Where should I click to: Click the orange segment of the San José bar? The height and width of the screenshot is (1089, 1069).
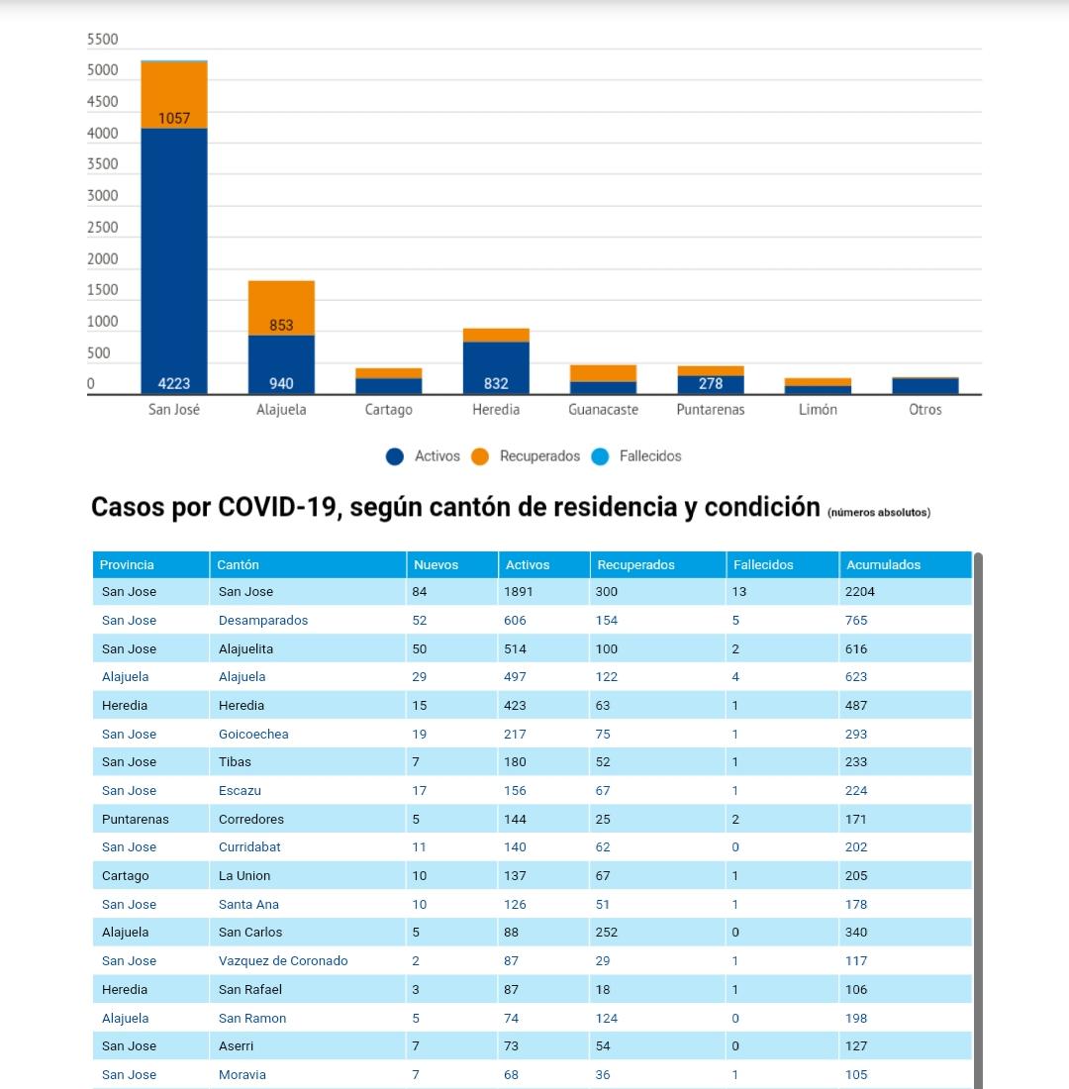click(173, 95)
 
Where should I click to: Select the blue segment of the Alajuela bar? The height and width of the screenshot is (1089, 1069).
click(281, 364)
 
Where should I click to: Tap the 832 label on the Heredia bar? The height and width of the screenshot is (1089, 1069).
click(496, 383)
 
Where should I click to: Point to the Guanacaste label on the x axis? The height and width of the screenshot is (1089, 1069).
click(603, 410)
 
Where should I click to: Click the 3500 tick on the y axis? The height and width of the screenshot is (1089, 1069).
click(103, 164)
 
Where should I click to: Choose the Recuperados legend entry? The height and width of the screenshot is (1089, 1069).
click(526, 456)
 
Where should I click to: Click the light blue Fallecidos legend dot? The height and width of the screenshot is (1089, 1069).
click(600, 456)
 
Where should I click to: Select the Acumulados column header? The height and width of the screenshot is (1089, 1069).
click(883, 564)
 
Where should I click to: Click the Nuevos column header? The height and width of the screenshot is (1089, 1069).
click(436, 564)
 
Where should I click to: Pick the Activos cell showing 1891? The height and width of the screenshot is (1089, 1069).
click(519, 592)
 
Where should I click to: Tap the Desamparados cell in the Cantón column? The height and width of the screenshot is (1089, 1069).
click(263, 620)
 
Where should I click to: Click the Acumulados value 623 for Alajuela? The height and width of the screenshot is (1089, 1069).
click(856, 676)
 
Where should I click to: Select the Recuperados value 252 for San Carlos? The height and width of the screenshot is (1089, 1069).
click(607, 932)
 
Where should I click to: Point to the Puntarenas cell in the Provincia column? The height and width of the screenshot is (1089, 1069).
click(136, 819)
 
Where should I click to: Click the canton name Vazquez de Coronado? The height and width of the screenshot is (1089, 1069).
click(283, 960)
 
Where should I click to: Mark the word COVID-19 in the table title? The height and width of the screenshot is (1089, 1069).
click(277, 507)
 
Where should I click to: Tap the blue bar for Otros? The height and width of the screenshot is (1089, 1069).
click(925, 386)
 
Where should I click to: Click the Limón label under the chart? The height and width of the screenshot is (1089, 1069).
click(818, 410)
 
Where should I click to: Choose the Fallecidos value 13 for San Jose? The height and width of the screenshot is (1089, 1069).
click(739, 592)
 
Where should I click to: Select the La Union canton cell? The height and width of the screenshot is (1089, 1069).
click(244, 876)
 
